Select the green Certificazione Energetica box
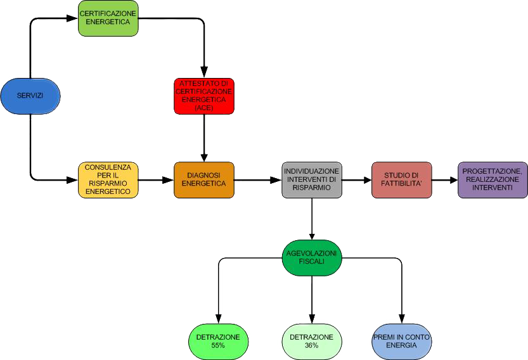point(108,18)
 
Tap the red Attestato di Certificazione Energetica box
point(204,96)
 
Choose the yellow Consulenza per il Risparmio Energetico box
point(108,180)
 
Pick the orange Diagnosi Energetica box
point(204,180)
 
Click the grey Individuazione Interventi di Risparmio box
point(312,180)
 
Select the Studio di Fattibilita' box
point(401,180)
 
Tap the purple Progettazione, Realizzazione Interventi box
point(493,180)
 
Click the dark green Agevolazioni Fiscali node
point(311,258)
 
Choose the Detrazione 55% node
point(218,341)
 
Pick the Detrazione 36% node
point(311,341)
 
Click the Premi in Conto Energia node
point(401,341)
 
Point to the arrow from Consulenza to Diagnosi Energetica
point(156,180)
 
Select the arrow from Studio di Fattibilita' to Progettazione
point(444,180)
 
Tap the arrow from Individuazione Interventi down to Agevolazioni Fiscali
point(312,219)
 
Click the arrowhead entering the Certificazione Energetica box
point(73,18)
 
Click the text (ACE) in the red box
point(204,108)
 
